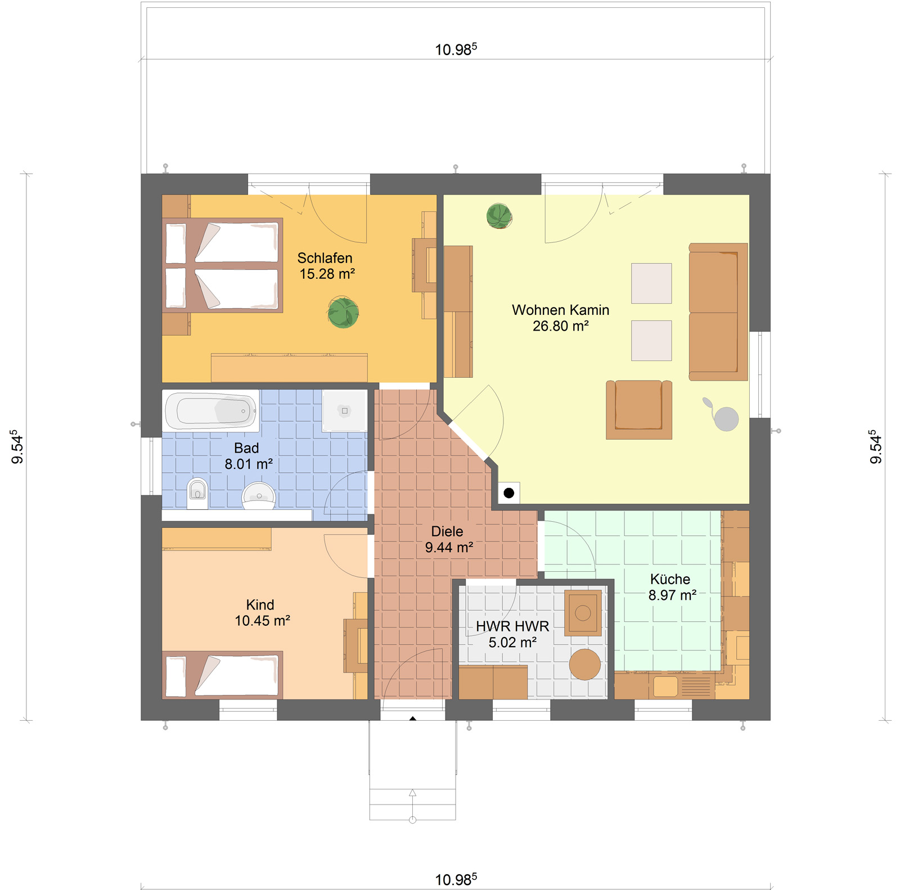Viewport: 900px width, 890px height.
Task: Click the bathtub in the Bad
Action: (x=211, y=411)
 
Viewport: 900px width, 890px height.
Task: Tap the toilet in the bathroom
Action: (x=197, y=493)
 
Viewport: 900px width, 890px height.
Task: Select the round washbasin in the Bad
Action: (x=259, y=495)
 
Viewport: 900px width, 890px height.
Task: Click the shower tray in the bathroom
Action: (x=344, y=411)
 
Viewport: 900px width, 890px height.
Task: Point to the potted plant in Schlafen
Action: (x=343, y=313)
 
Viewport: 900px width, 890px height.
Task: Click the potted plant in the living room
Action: (x=499, y=216)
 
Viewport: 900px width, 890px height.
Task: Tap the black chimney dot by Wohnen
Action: (x=509, y=493)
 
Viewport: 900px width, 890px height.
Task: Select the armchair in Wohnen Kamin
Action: (x=639, y=409)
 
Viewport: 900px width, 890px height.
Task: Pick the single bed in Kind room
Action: (x=223, y=675)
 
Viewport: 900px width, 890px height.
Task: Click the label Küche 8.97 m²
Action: (x=672, y=587)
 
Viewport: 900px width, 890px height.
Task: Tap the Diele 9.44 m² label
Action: (x=448, y=539)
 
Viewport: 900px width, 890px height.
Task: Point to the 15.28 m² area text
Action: (x=327, y=274)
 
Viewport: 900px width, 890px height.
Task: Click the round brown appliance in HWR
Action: (x=585, y=665)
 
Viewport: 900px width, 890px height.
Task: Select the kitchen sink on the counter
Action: (x=665, y=686)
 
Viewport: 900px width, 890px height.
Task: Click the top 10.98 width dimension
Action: (x=456, y=49)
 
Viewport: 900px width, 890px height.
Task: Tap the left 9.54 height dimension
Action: (x=17, y=447)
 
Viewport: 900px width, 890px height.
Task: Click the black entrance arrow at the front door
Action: (x=413, y=719)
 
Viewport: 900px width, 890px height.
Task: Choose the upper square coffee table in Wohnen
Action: (x=651, y=283)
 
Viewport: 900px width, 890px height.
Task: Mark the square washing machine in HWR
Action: (x=583, y=613)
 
